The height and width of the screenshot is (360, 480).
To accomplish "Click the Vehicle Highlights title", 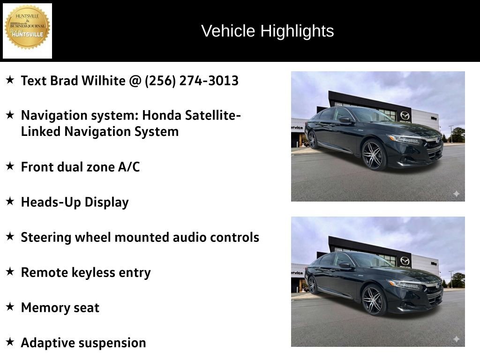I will pos(267,31).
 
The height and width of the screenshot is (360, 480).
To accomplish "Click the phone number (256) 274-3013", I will pos(192,81).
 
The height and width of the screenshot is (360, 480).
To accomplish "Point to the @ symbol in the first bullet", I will pos(135,81).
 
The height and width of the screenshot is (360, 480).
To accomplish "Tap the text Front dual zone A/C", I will pos(80,167).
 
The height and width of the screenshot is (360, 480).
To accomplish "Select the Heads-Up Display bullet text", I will pos(75,202).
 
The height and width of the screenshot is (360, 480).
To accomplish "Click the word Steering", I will pos(45,237).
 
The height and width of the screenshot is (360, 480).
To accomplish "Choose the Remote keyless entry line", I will pos(86,272).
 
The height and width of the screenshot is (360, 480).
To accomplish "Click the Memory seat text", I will pos(60,307).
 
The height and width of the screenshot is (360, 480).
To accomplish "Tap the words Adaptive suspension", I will pos(83,343).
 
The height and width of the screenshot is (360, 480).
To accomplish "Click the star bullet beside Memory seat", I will pos(10,307).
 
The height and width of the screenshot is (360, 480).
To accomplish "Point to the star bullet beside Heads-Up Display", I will pos(10,202).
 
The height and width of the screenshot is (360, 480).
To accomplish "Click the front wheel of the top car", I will pos(374,155).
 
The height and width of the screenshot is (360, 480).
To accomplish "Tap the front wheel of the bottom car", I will pos(374,300).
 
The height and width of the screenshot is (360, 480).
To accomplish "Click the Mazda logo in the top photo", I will pos(405,115).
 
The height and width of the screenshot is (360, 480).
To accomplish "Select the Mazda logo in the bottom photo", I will pos(405,261).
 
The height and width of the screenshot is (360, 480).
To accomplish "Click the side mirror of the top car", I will pos(345,120).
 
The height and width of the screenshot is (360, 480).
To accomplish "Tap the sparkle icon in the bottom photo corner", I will pos(456,339).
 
